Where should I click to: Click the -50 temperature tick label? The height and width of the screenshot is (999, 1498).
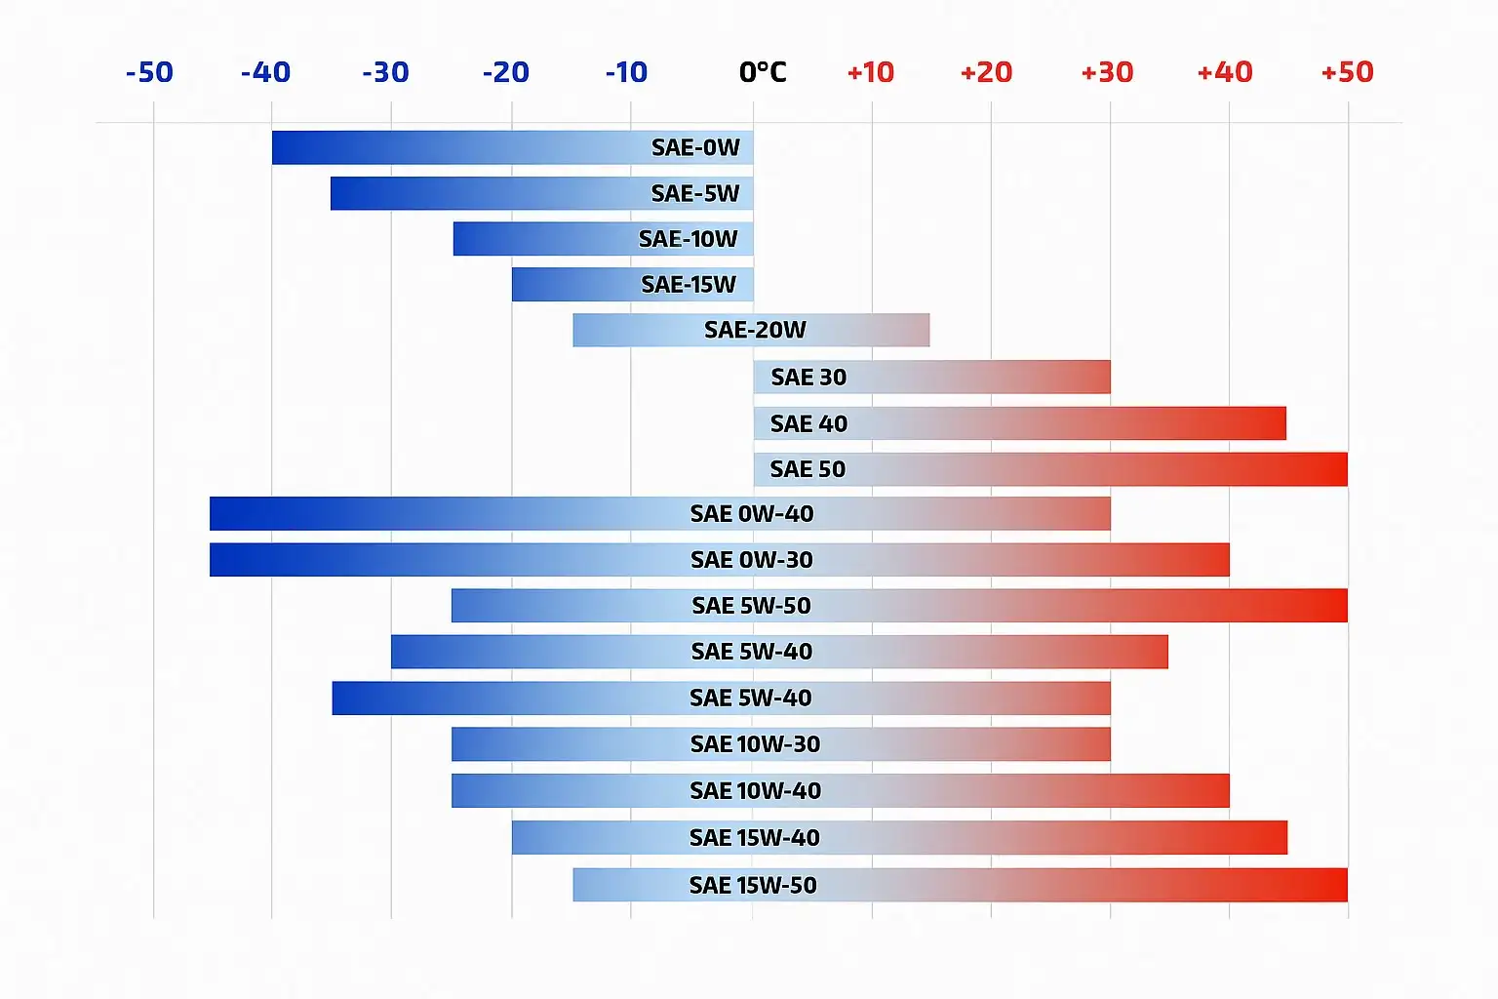click(x=149, y=72)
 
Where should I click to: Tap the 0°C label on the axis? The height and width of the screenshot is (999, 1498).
click(x=763, y=72)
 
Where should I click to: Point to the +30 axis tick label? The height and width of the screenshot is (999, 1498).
click(x=1107, y=72)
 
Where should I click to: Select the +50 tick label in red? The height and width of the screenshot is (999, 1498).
click(x=1347, y=72)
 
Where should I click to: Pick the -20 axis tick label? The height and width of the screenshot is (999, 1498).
click(x=505, y=72)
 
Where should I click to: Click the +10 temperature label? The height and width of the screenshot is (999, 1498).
click(x=870, y=72)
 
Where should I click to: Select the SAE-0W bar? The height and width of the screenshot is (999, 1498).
click(x=512, y=147)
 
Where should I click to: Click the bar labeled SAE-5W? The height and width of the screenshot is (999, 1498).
click(x=541, y=193)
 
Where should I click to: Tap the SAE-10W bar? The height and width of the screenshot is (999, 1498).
click(x=603, y=239)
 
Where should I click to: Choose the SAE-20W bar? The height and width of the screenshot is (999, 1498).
click(x=751, y=330)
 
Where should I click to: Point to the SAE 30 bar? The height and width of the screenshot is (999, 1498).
click(x=931, y=377)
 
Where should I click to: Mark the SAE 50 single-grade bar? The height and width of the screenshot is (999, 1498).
click(x=1050, y=469)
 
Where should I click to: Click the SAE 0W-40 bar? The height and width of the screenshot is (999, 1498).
click(x=659, y=513)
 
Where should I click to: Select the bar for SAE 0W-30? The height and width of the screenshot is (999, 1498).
click(x=719, y=560)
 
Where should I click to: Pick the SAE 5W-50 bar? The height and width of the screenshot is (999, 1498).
click(x=899, y=606)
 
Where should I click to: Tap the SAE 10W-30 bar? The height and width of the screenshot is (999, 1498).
click(x=780, y=744)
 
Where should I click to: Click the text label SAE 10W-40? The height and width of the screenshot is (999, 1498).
click(x=755, y=791)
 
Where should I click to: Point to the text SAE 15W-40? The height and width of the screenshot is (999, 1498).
click(x=754, y=838)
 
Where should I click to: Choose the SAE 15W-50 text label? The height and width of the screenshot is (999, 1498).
click(x=753, y=885)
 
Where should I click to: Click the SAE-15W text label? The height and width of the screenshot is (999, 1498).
click(x=689, y=285)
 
